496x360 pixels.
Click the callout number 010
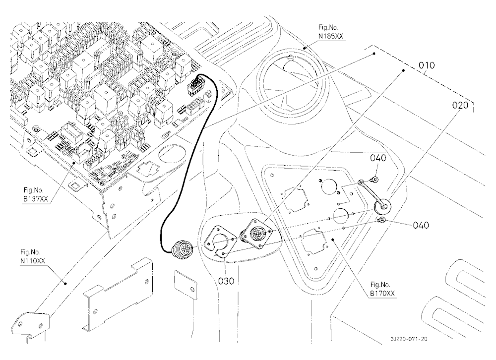pos(427,65)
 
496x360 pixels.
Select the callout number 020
pos(460,105)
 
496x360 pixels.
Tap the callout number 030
pos(227,281)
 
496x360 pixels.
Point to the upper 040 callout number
pos(378,158)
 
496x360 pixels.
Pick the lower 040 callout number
pos(421,225)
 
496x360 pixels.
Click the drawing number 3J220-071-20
pos(409,339)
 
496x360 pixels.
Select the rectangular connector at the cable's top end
pos(195,86)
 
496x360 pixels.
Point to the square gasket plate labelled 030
pos(220,241)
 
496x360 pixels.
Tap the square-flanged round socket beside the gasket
pos(257,233)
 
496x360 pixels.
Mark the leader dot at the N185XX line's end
pos(305,48)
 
